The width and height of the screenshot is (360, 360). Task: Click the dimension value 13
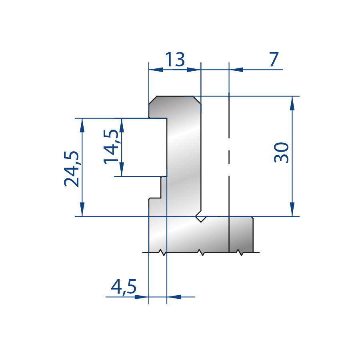[x=175, y=59]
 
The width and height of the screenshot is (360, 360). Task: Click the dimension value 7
[x=274, y=59]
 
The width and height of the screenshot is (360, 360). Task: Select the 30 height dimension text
[x=282, y=153]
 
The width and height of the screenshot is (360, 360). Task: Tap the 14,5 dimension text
[x=111, y=147]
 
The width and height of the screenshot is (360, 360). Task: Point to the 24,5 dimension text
[x=72, y=169]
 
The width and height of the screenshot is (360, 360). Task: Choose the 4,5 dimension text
[x=124, y=287]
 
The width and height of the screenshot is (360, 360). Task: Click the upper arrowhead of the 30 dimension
[x=292, y=103]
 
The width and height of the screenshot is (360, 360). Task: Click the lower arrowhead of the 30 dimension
[x=292, y=209]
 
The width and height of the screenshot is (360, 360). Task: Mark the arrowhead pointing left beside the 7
[x=236, y=69]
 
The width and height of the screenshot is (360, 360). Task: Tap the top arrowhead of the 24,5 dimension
[x=82, y=125]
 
